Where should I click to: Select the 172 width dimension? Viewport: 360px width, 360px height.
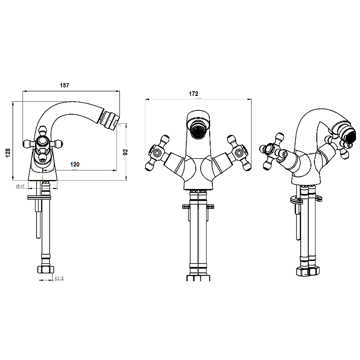coord(193,94)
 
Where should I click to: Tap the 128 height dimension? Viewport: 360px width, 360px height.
coord(7,154)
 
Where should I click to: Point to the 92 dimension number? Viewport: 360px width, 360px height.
coord(126,153)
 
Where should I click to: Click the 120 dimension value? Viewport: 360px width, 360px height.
coord(75,165)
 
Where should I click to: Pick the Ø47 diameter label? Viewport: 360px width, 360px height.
coord(19,186)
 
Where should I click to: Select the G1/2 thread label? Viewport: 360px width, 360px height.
coord(59,279)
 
